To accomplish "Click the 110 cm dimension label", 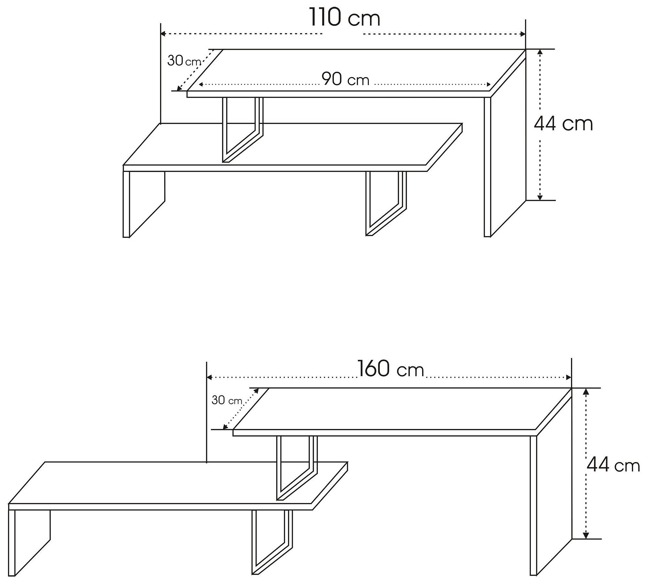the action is coord(345,17).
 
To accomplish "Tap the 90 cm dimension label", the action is coord(345,79).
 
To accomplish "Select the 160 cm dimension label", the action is coord(390,369).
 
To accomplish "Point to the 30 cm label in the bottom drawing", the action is coord(227,400).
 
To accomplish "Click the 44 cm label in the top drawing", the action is coord(563,124).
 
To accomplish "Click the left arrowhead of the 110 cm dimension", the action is coord(163,34).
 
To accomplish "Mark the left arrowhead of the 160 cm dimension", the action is coord(209,377).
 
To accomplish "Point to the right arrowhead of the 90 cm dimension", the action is coord(488,85).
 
